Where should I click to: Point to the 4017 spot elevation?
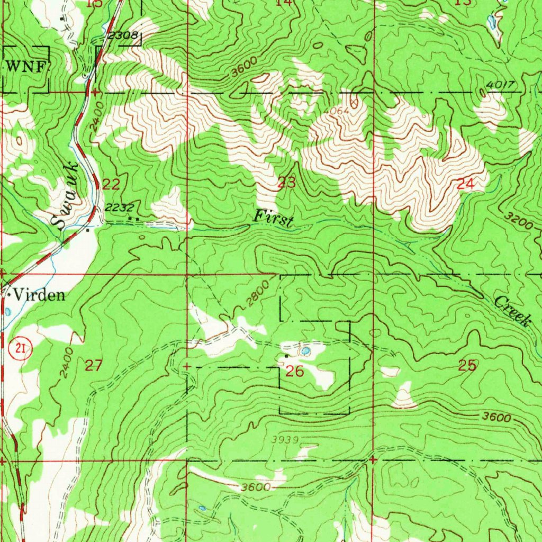499,85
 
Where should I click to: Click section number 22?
111,184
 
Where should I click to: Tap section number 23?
287,183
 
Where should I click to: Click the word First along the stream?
273,218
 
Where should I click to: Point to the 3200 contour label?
518,221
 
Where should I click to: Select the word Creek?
512,311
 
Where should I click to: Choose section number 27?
93,365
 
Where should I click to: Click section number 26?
295,372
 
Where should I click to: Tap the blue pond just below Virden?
8,311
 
